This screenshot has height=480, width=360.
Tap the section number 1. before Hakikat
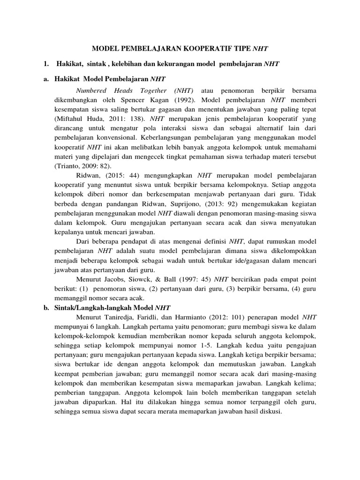coord(45,63)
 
